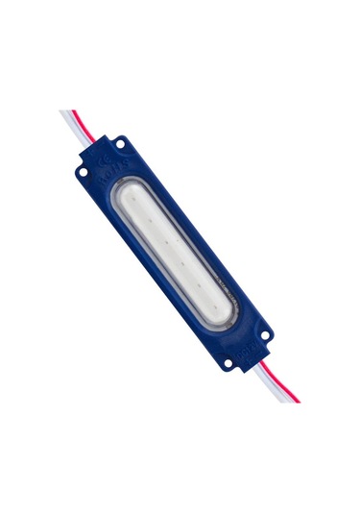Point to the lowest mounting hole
click(227, 363)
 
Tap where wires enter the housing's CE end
click(93, 139)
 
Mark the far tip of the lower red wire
click(298, 401)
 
